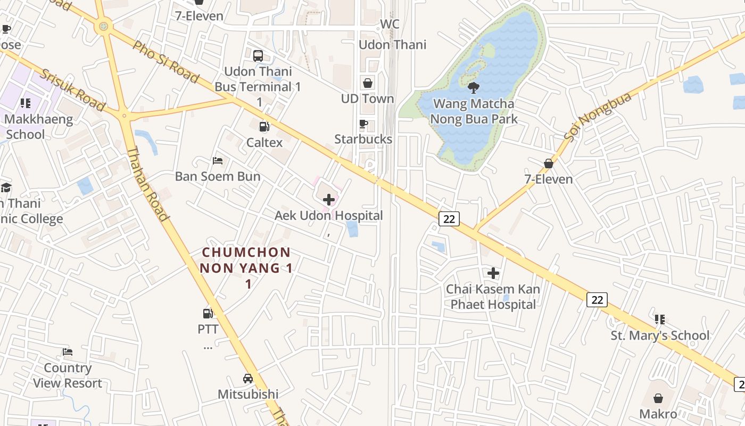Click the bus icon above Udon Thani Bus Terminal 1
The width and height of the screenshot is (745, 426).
258,55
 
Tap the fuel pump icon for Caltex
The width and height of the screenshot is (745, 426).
263,127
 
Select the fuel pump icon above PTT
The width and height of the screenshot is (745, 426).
208,314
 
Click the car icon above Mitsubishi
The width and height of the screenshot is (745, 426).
248,379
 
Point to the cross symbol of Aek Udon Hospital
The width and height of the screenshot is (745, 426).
329,200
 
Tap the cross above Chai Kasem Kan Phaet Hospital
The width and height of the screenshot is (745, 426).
493,273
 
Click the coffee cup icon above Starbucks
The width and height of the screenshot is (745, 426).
363,124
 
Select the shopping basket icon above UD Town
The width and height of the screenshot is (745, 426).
368,83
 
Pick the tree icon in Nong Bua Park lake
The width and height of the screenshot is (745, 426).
473,88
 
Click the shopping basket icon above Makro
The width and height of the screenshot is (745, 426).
658,398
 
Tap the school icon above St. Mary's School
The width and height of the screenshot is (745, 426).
660,319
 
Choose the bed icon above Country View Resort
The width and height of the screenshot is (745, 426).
68,352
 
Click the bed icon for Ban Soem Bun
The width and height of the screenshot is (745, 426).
218,160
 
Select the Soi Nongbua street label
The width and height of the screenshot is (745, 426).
598,117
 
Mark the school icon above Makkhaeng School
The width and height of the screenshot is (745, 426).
25,103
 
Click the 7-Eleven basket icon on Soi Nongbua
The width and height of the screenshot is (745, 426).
549,163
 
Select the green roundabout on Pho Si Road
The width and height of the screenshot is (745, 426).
103,26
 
